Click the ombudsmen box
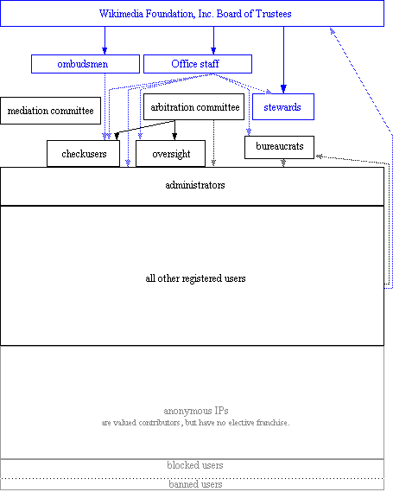click(86, 64)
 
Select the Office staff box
click(198, 64)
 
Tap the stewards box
click(283, 106)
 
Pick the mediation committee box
click(50, 111)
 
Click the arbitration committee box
click(193, 106)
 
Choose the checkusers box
click(84, 153)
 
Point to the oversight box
click(170, 153)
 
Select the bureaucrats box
click(279, 147)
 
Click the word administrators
click(195, 185)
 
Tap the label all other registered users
click(195, 278)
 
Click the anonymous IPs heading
click(196, 411)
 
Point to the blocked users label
click(195, 465)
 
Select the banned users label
click(195, 484)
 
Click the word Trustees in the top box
click(273, 14)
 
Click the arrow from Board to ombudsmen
click(105, 41)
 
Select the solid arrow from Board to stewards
click(283, 60)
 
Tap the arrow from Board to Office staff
click(213, 41)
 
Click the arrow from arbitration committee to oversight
click(174, 130)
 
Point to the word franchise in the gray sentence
click(272, 423)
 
